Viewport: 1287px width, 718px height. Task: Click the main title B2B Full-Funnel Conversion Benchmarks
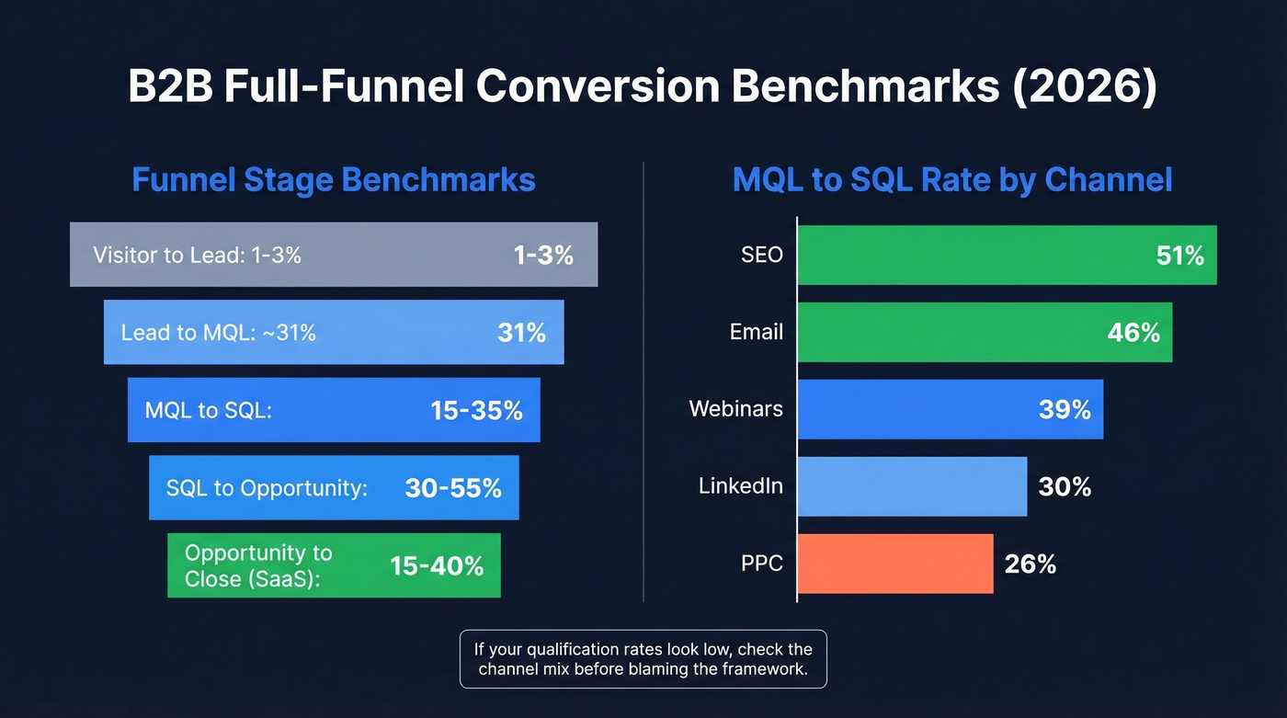click(643, 87)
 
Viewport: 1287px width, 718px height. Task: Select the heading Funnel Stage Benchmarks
click(333, 179)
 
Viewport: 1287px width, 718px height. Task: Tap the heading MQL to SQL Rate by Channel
click(952, 179)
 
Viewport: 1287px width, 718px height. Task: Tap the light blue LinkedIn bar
click(911, 485)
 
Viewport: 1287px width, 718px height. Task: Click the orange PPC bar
click(894, 563)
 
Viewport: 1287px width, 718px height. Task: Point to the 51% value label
click(1179, 256)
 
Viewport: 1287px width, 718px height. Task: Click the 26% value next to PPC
click(1030, 564)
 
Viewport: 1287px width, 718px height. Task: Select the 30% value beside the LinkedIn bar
click(1064, 486)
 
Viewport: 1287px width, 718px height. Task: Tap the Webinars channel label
click(735, 408)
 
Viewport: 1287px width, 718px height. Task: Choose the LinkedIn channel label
click(740, 485)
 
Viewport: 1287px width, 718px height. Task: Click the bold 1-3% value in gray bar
click(543, 256)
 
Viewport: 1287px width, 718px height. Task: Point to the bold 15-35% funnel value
click(476, 410)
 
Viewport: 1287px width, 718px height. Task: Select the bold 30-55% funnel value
click(453, 487)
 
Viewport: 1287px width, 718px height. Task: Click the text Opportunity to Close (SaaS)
click(258, 565)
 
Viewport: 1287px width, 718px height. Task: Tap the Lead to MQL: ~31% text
click(218, 333)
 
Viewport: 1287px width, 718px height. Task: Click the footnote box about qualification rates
click(643, 659)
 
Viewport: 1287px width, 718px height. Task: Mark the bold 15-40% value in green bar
click(437, 565)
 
